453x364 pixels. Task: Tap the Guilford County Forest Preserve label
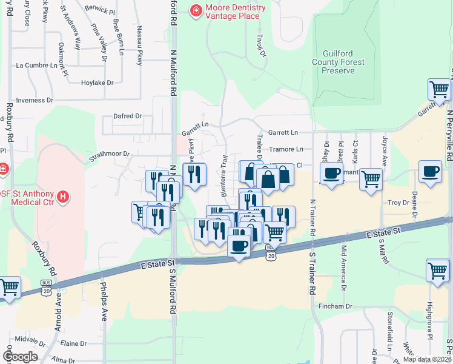338,62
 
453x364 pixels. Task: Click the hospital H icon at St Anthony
63,196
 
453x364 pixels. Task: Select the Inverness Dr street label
35,100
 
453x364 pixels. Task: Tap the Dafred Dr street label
127,116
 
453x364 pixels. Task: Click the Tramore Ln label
286,149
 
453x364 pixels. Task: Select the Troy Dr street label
398,202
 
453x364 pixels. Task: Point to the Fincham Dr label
335,307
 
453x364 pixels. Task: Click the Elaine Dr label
73,343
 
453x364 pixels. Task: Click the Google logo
20,357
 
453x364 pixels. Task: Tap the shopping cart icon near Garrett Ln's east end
439,89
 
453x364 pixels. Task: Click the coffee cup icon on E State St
239,246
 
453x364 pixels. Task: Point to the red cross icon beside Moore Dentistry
196,10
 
